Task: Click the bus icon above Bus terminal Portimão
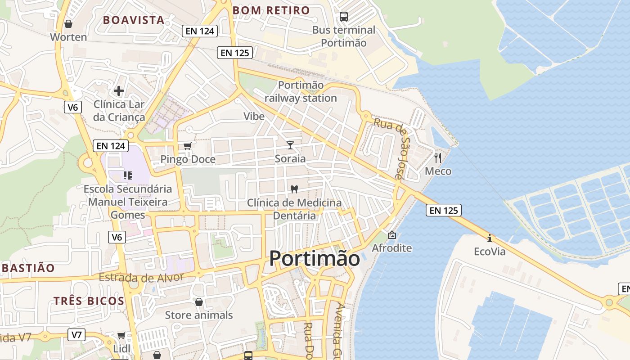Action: pos(344,17)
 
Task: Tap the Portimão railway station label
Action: pos(301,91)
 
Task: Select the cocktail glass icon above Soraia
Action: pos(290,145)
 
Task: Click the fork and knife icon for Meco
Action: pos(438,158)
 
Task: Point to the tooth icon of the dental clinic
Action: pos(294,189)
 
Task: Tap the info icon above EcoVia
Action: pos(490,238)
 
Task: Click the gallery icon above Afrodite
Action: pos(392,234)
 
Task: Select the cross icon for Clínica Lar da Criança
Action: pos(119,91)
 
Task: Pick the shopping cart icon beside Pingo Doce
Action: pos(188,146)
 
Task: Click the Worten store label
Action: pos(68,37)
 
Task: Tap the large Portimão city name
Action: pos(315,259)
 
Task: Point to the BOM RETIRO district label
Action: pos(271,10)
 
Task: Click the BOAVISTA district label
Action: pos(134,20)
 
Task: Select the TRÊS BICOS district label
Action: pos(89,301)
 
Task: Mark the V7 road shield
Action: pos(77,334)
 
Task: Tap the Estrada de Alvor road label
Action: pos(141,277)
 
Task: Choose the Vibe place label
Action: pos(254,116)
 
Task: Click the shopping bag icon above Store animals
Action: pos(198,301)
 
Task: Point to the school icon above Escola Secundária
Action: pos(127,175)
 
